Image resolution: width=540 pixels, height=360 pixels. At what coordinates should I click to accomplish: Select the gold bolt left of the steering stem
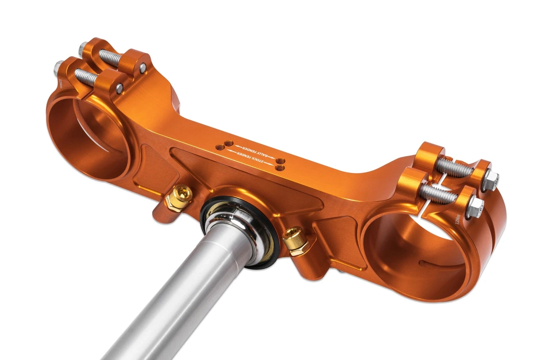182,195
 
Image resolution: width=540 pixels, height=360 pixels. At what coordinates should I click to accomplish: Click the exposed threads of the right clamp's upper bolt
454,168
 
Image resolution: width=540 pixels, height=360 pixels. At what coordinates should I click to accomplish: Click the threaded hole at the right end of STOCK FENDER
278,168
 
